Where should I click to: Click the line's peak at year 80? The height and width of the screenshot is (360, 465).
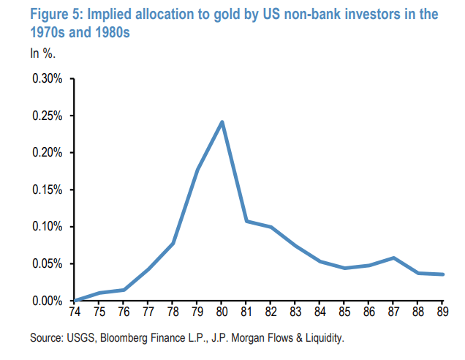[x=222, y=121]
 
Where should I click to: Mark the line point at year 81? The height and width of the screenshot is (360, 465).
[x=246, y=221]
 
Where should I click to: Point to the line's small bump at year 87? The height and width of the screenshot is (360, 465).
[x=393, y=258]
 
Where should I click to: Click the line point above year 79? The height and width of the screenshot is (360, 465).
[x=197, y=170]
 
